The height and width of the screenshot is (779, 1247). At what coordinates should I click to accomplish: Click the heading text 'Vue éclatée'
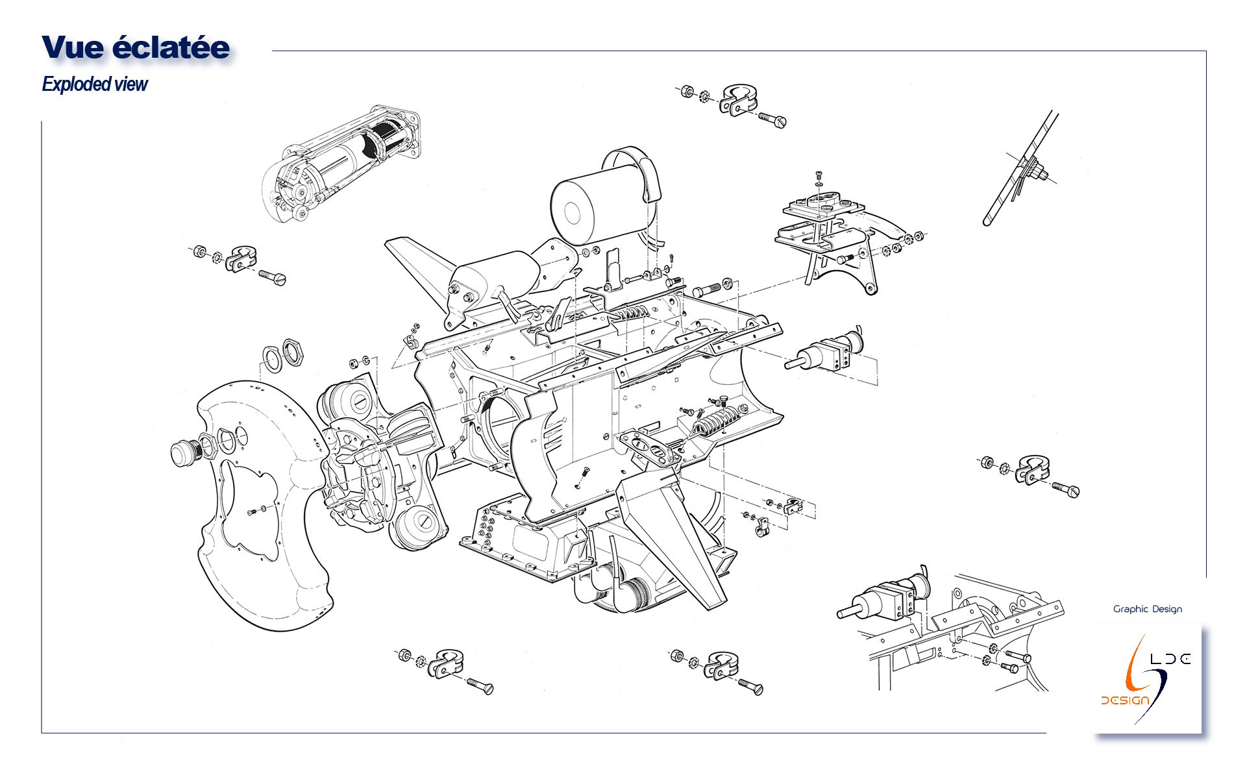click(x=136, y=48)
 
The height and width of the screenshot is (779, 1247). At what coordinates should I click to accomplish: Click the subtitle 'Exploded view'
click(x=95, y=84)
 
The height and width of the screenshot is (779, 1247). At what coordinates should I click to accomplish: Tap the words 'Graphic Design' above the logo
click(x=1147, y=609)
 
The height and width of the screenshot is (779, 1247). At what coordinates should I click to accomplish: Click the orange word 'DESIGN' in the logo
click(x=1125, y=700)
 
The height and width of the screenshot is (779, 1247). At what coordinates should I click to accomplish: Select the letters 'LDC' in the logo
click(x=1170, y=659)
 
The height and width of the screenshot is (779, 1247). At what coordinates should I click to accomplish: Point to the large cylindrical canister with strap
click(x=604, y=201)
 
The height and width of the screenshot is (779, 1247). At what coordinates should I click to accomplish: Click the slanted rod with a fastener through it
click(x=1019, y=169)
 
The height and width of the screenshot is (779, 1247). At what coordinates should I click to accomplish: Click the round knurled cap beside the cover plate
click(x=185, y=452)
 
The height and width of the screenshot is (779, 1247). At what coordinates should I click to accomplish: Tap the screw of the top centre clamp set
click(x=772, y=119)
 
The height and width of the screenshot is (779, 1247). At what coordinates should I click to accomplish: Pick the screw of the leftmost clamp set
click(x=273, y=277)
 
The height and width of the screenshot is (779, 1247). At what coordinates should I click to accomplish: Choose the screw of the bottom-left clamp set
click(x=480, y=686)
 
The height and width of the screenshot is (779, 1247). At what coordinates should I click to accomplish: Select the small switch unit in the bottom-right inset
click(x=889, y=600)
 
